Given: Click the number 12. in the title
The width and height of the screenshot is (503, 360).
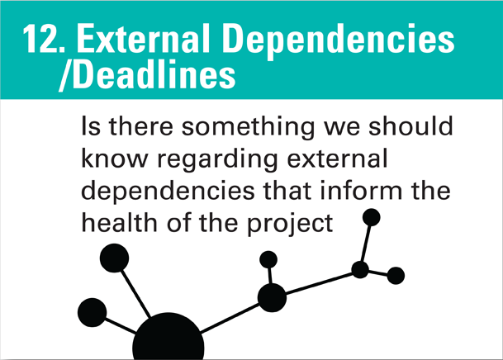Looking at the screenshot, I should pyautogui.click(x=42, y=39).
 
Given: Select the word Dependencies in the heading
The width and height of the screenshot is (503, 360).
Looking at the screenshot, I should pyautogui.click(x=355, y=39).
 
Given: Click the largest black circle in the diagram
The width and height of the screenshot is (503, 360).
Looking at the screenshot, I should pyautogui.click(x=168, y=339).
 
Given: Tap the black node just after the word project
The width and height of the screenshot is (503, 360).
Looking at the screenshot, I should pyautogui.click(x=372, y=218).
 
